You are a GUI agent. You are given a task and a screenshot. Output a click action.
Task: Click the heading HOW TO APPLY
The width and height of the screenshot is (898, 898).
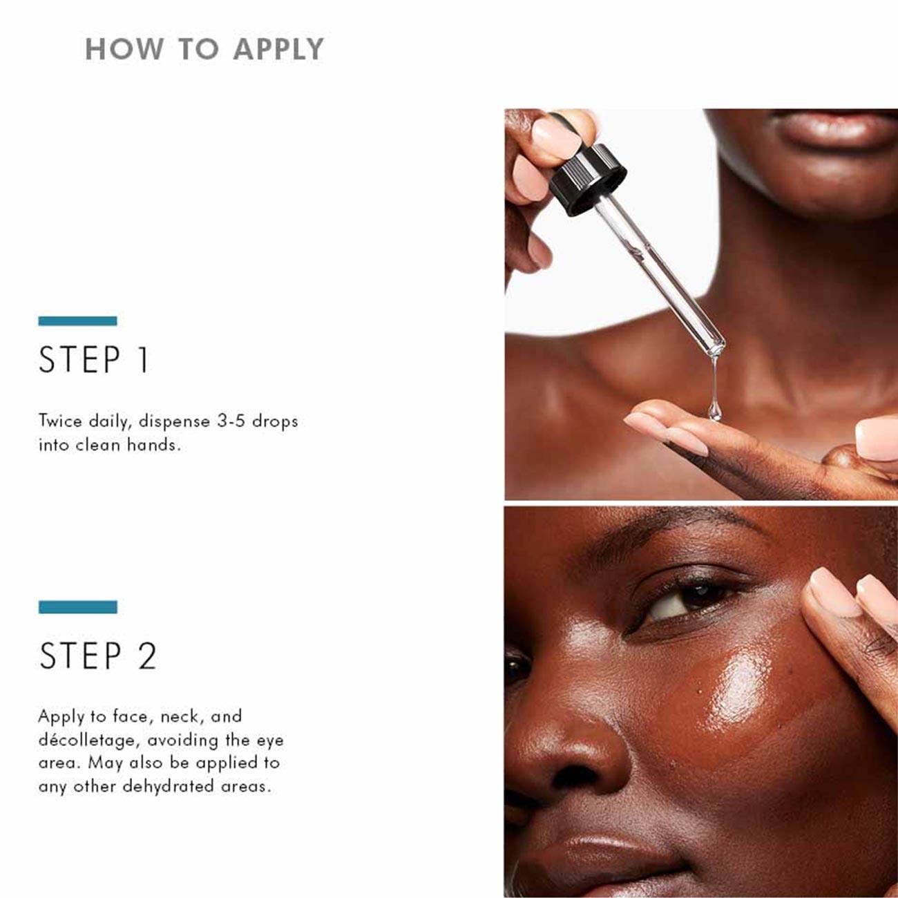point(204,49)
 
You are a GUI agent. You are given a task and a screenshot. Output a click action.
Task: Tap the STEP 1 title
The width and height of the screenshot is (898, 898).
point(94,360)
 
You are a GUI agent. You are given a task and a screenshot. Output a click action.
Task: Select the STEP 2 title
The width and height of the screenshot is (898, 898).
point(98,656)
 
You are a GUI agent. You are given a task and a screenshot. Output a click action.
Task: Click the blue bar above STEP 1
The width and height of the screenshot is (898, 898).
point(77,321)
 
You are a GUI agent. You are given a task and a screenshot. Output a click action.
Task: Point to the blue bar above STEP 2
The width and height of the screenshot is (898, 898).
point(77,606)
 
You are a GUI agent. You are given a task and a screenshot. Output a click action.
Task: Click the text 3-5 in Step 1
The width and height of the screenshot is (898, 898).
point(231,421)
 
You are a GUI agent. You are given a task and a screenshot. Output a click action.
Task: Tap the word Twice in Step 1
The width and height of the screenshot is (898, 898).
point(60,421)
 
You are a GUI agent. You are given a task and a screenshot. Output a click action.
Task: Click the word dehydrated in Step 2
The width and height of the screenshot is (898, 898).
point(167,786)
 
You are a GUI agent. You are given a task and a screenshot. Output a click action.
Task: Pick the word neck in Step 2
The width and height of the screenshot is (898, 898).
point(180,716)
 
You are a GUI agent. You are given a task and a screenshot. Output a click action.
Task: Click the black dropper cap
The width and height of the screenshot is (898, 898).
point(587,179)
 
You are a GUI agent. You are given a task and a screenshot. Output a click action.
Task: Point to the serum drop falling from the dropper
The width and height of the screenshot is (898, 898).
point(714,411)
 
